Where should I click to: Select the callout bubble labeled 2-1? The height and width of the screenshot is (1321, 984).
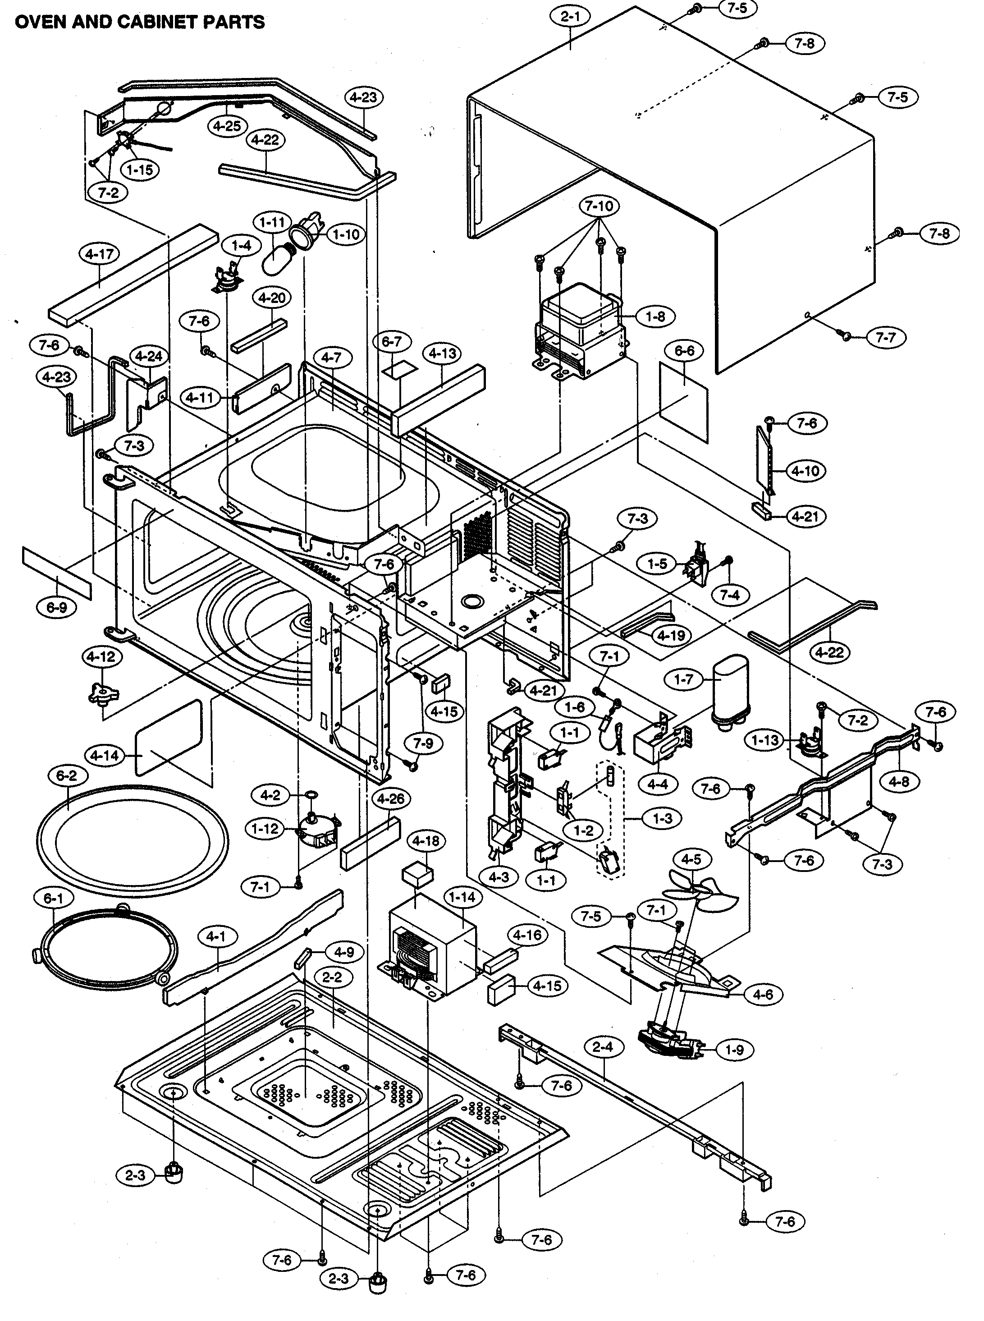click(570, 17)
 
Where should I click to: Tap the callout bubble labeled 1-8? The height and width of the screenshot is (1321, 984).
click(655, 316)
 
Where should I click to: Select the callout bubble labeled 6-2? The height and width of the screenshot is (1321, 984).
click(67, 776)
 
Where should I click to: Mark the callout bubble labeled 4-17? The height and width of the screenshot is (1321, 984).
click(99, 254)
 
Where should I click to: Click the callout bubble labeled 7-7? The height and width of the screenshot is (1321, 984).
click(886, 337)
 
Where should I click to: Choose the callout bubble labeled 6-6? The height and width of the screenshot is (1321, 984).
click(684, 351)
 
